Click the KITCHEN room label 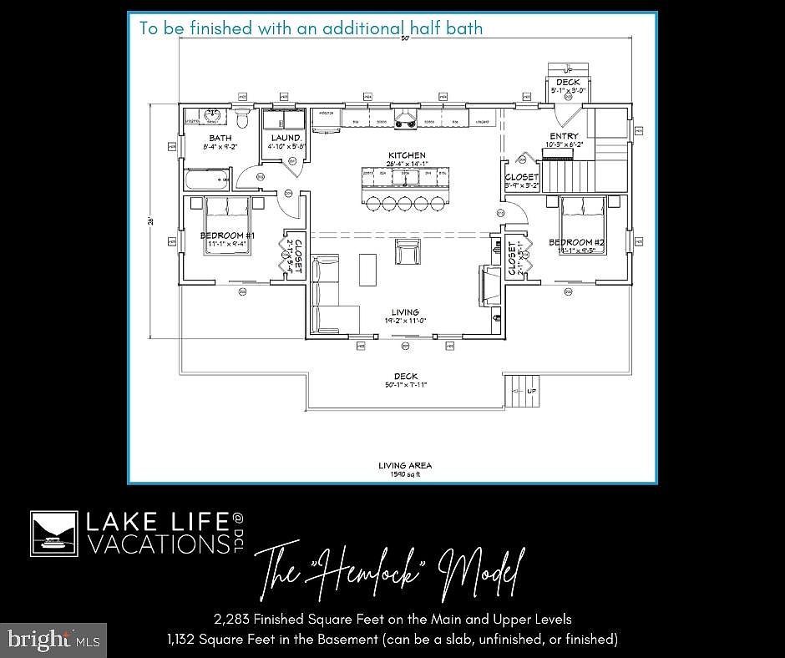click(407, 155)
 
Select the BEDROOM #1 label click(227, 236)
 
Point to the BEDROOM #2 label click(575, 242)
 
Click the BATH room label click(220, 139)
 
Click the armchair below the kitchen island click(408, 251)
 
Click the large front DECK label click(406, 377)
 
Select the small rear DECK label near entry click(568, 82)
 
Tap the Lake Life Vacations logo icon click(54, 534)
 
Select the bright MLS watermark click(53, 640)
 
